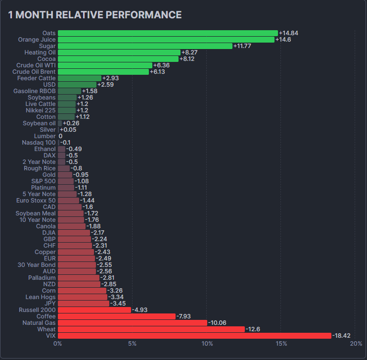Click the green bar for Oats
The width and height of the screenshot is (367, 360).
click(168, 33)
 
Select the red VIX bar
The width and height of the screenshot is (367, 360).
click(194, 336)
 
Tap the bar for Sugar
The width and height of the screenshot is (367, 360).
click(145, 46)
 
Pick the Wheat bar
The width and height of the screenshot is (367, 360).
click(151, 329)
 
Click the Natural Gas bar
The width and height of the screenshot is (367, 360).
click(133, 323)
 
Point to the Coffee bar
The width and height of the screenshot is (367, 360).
click(117, 316)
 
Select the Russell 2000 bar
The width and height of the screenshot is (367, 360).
click(94, 310)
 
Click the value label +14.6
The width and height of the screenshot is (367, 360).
click(283, 40)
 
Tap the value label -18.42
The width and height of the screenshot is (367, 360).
click(341, 336)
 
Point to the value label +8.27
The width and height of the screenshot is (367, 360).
click(189, 52)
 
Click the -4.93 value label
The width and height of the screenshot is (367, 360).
click(140, 310)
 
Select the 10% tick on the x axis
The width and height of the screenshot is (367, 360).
click(207, 344)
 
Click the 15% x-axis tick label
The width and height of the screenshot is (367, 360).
click(281, 344)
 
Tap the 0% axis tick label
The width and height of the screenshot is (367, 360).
click(57, 344)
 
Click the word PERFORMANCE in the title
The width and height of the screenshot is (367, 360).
click(143, 15)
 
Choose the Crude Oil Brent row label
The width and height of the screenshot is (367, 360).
click(34, 72)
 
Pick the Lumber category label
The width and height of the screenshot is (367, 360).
click(45, 136)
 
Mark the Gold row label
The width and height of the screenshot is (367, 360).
click(49, 175)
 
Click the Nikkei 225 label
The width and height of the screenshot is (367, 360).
click(41, 110)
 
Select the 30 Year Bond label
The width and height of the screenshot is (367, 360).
click(37, 265)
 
